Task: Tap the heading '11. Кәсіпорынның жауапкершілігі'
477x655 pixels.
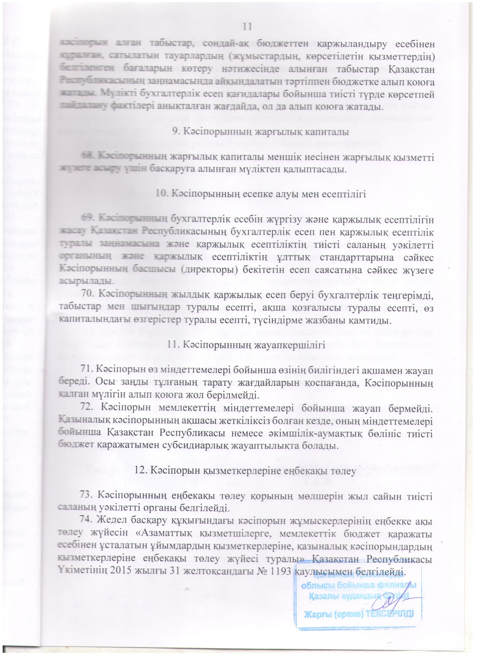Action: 247,345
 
